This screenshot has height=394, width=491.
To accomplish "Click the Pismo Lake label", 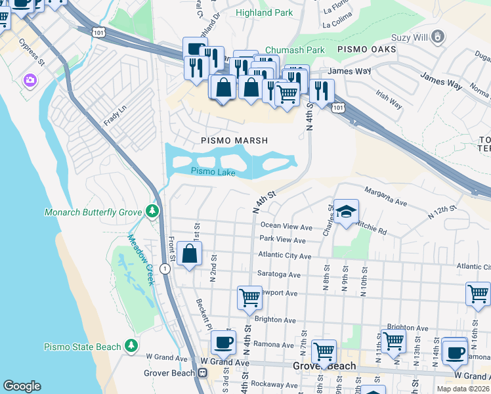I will (213, 172).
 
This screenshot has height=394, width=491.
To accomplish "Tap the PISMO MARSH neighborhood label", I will (234, 141).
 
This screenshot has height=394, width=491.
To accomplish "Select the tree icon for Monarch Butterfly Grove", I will (152, 211).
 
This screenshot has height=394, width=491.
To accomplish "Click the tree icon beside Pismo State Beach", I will (131, 346).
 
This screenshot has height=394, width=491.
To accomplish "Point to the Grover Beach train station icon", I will (202, 373).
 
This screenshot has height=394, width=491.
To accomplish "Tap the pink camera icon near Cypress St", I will (29, 80).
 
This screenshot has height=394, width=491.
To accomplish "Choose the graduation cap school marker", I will (345, 212).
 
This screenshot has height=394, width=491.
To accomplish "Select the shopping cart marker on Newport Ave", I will (249, 297).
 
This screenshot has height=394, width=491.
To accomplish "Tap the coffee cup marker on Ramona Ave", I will (223, 342).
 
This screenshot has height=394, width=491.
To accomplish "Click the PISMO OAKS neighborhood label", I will (366, 49).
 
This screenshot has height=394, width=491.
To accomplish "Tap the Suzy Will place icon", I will (437, 38).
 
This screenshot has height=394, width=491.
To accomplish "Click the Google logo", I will (22, 386).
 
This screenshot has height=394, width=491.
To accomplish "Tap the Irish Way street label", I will (389, 100).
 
